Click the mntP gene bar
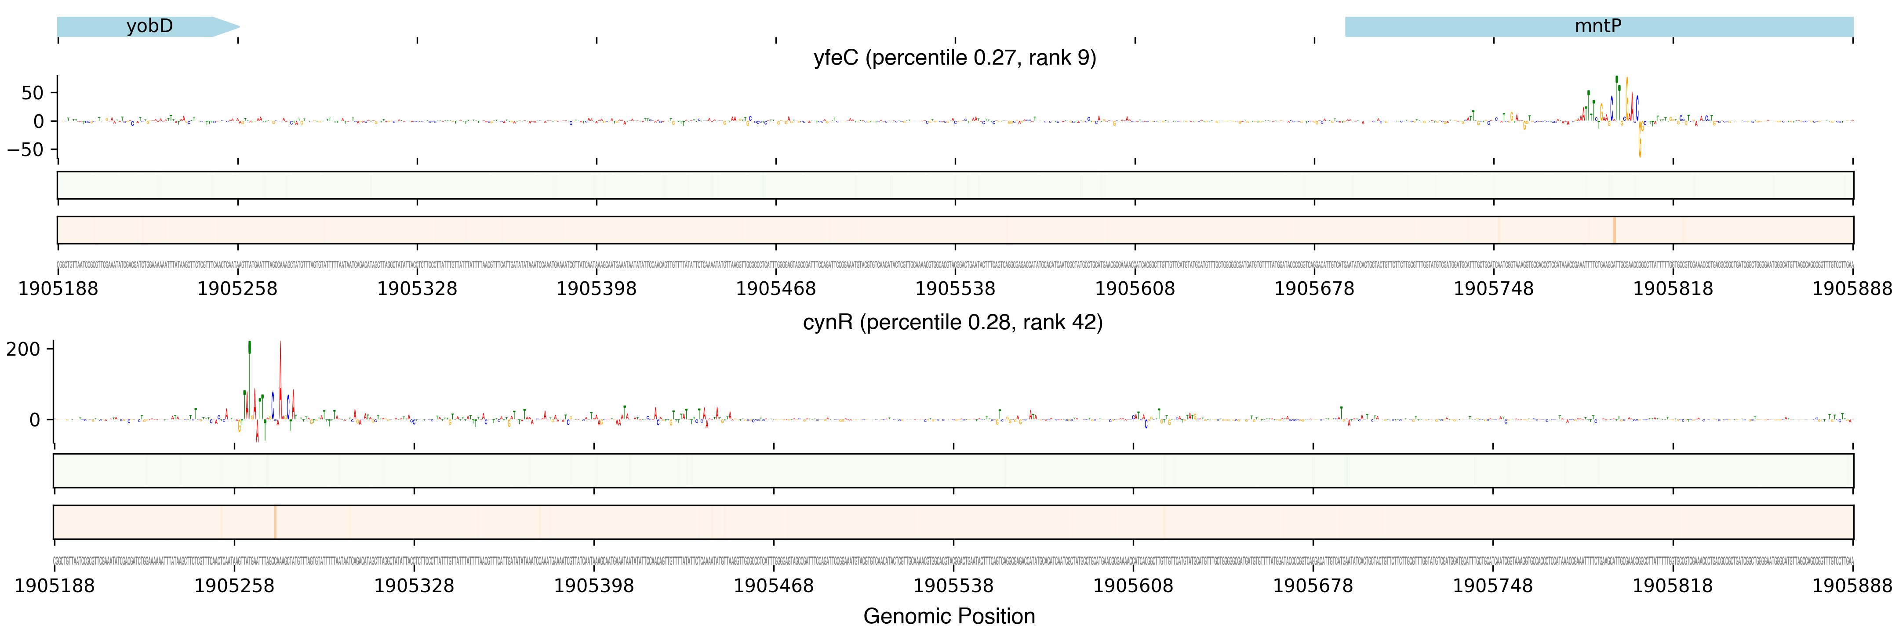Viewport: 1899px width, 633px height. (1598, 26)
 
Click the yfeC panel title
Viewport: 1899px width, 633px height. (955, 58)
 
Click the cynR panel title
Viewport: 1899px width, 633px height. (953, 322)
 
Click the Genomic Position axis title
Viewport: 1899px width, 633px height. (949, 615)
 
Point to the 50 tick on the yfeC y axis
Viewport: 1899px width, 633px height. (33, 93)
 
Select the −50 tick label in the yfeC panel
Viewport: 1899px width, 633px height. (26, 149)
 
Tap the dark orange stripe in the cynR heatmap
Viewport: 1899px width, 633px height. (274, 522)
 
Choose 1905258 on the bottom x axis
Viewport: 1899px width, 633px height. (234, 586)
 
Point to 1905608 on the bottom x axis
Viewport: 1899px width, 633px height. (1133, 586)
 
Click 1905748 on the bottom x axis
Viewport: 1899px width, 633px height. (1492, 586)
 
